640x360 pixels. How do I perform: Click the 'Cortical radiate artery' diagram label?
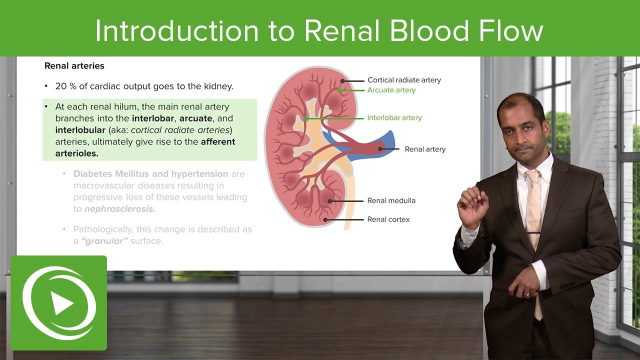point(404,80)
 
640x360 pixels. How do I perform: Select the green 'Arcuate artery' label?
point(391,90)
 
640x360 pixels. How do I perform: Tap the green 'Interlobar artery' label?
point(394,118)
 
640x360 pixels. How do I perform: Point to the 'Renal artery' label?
point(425,149)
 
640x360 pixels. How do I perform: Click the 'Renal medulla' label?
point(391,200)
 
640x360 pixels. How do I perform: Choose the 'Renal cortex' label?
point(388,219)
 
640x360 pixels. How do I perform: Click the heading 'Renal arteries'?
point(74,65)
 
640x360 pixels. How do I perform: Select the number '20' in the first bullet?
point(61,86)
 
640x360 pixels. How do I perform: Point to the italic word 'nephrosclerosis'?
point(119,209)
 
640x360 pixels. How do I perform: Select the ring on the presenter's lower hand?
point(526,294)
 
